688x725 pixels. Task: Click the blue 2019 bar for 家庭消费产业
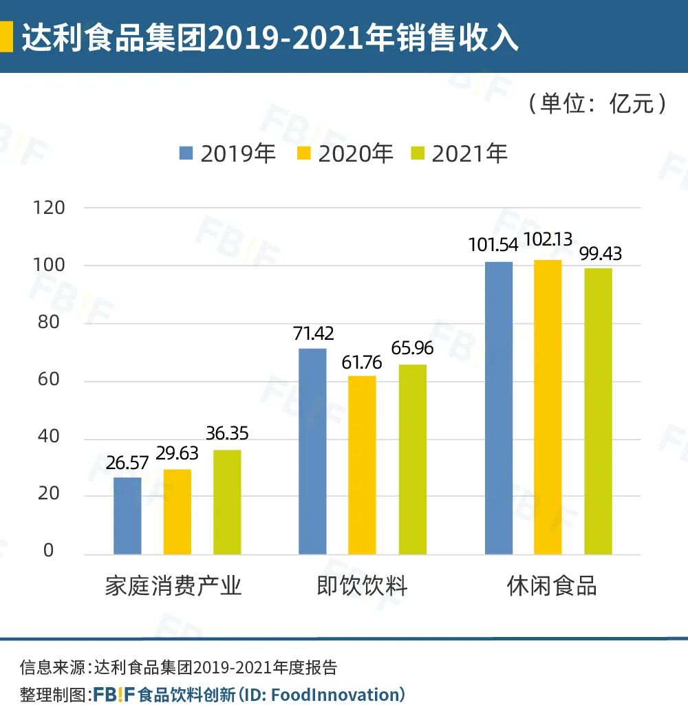(127, 516)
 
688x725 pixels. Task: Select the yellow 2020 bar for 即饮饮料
(362, 465)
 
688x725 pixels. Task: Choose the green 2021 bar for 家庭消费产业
(227, 502)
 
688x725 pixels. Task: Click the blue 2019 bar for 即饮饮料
(312, 451)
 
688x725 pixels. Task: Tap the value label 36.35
(227, 434)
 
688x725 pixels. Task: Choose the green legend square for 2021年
(418, 153)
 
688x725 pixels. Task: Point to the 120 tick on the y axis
(49, 208)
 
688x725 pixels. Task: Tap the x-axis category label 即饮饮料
(362, 586)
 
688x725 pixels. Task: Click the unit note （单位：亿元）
(597, 104)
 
